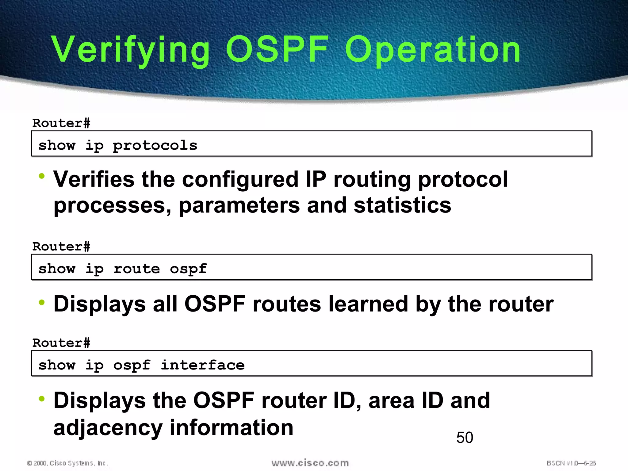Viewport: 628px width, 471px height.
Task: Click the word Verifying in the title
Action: [131, 50]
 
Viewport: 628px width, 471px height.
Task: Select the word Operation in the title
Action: [433, 50]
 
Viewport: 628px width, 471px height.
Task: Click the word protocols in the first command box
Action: [155, 145]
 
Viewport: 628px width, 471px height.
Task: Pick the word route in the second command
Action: [137, 269]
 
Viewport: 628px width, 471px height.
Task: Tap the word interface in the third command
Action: [203, 365]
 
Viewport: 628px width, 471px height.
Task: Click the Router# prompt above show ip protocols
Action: [61, 123]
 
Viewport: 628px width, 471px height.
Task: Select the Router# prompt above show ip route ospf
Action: [61, 247]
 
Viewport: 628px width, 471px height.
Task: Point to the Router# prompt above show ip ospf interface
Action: [61, 343]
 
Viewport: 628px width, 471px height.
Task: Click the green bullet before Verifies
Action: [42, 176]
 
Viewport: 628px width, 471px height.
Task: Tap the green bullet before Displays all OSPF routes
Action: [42, 303]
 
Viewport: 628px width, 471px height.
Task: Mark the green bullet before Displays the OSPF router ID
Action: [42, 399]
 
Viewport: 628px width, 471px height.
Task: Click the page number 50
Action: [465, 438]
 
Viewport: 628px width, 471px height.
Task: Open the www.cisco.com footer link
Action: [310, 463]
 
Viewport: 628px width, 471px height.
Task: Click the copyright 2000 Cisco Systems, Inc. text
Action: [67, 463]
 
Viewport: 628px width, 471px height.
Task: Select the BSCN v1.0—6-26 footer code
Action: [571, 463]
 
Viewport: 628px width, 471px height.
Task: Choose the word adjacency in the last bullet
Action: [108, 428]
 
